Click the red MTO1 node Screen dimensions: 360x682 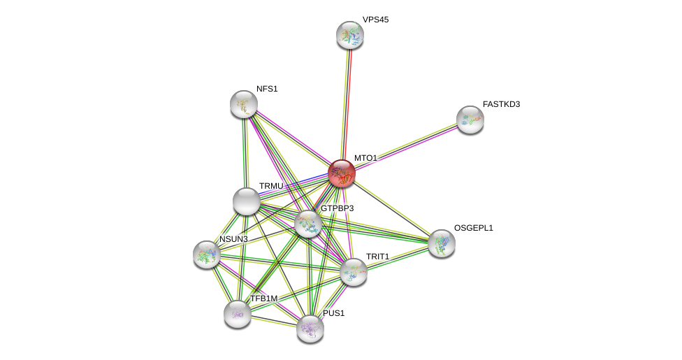(342, 173)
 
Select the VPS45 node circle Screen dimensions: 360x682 (350, 35)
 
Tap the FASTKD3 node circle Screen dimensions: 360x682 (470, 120)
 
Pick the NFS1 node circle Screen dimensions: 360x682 (244, 104)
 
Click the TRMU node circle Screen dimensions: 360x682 (247, 201)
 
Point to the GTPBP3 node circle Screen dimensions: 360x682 (308, 224)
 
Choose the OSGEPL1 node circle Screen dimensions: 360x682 (442, 243)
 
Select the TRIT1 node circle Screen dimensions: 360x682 (354, 272)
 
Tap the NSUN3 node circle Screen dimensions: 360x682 (207, 254)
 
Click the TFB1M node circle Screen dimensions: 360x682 (238, 314)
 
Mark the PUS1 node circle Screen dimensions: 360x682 (310, 329)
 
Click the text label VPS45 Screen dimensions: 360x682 (375, 20)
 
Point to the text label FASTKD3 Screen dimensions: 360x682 (501, 104)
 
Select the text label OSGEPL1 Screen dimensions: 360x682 (473, 228)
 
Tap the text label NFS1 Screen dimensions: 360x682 (267, 89)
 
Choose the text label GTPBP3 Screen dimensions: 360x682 (337, 208)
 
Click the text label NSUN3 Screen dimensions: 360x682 (233, 239)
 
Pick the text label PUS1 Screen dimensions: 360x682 (333, 313)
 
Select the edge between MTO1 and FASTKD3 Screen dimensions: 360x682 (405, 146)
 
